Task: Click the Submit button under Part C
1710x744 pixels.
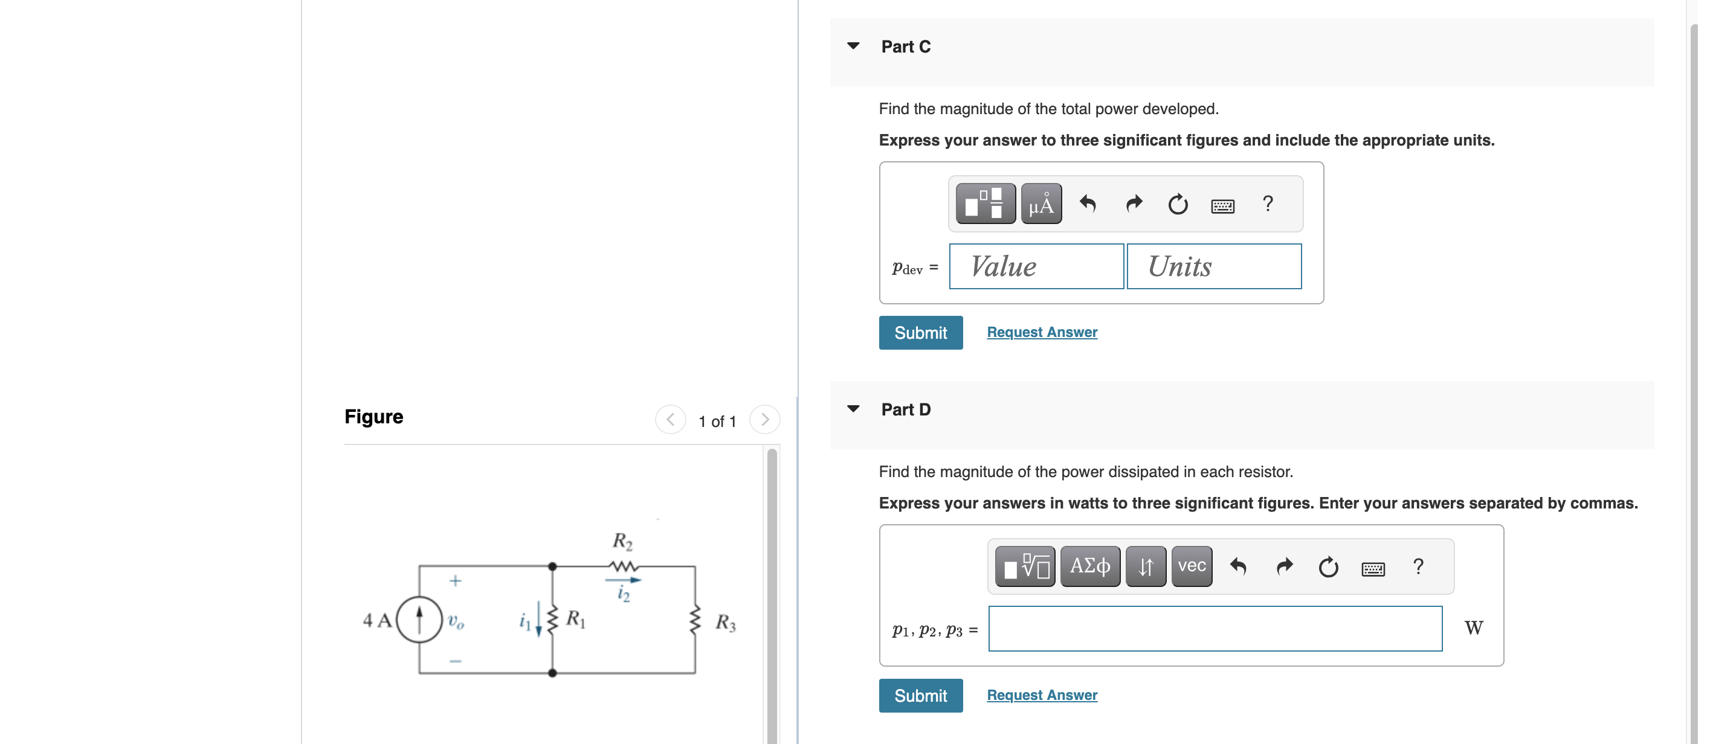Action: coord(920,333)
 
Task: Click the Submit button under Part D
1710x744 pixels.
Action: coord(920,695)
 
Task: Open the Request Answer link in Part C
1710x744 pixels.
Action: coord(1042,332)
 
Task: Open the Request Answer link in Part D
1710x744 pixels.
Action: coord(1042,695)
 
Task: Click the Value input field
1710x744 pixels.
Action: coord(1036,266)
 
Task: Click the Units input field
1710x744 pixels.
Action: coord(1213,266)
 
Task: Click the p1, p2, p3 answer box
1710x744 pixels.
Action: coord(1214,628)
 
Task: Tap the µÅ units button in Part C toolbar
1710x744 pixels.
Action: coord(1041,204)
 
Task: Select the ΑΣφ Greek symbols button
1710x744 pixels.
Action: coord(1089,566)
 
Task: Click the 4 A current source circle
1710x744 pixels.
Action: coord(419,619)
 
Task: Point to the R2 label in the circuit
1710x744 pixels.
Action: coord(622,542)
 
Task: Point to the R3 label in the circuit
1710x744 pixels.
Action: coord(725,623)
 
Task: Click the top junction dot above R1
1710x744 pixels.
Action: coord(552,566)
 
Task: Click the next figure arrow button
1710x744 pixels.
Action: coord(765,420)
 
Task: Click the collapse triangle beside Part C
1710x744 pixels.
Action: coord(853,46)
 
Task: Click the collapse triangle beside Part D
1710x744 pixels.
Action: coord(853,409)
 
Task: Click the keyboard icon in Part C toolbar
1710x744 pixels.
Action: coord(1222,206)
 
